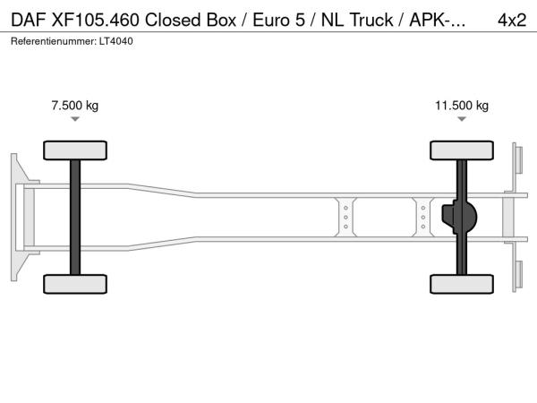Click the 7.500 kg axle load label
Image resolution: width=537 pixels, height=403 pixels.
coord(74,105)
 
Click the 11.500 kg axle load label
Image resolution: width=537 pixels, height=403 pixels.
coord(462,105)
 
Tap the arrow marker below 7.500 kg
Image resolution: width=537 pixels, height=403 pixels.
coord(75,119)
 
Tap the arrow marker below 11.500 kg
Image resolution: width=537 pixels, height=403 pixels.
coord(462,119)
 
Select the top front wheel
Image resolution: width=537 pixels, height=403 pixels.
coord(75,150)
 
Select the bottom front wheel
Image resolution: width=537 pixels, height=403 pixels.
coord(75,284)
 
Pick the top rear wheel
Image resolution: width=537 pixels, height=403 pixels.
coord(462,150)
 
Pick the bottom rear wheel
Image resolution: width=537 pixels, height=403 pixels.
coord(462,284)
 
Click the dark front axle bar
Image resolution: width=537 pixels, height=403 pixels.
coord(75,218)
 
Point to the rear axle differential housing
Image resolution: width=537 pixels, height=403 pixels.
coord(459,217)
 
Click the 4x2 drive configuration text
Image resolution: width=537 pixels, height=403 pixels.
coord(512,20)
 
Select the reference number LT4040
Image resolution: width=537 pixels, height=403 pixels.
coord(116,41)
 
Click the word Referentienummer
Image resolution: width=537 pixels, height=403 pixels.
coord(54,41)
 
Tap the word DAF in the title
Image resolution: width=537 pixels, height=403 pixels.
coord(29,20)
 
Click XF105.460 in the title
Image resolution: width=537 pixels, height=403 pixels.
coord(95,20)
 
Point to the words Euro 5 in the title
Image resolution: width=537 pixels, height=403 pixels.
coord(278,20)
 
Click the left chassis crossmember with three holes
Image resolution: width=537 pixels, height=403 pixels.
coord(345,218)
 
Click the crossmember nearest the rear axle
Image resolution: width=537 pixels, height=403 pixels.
coord(423,218)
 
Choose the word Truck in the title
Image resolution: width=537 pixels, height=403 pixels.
coord(371,20)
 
